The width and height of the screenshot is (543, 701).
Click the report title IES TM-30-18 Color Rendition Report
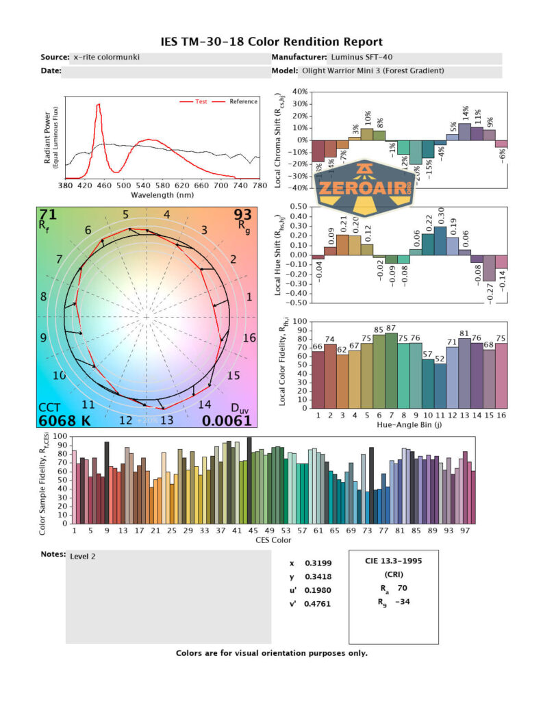(271, 42)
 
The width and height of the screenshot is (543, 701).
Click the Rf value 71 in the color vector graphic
(48, 216)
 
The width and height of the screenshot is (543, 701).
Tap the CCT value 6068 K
(65, 420)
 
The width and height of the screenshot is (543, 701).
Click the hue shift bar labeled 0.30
(440, 240)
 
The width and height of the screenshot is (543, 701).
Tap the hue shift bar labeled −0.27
(490, 268)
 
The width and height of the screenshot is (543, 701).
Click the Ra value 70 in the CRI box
(402, 587)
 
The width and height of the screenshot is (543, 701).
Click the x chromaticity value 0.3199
(316, 563)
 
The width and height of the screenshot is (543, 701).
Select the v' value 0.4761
(318, 604)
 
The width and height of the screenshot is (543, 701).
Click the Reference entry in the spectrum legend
(243, 101)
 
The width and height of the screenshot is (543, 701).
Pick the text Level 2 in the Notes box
(83, 556)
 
